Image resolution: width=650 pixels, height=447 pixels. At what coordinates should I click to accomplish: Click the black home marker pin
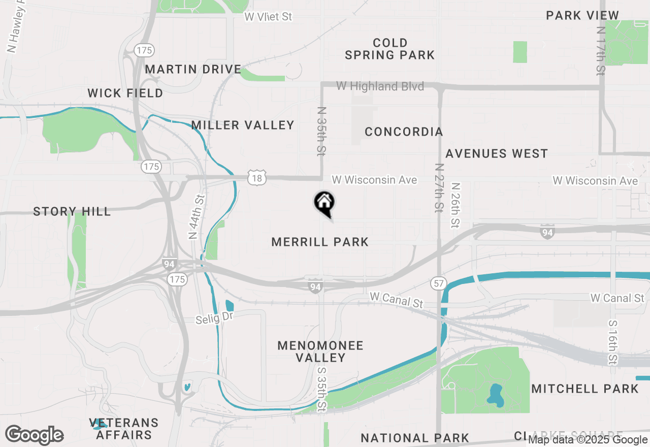point(324,203)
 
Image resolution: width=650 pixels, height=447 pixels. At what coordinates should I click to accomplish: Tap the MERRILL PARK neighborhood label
point(320,242)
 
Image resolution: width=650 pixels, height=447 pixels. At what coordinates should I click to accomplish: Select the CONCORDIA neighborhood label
point(404,132)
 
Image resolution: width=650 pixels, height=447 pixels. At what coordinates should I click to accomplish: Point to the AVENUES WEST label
point(497,153)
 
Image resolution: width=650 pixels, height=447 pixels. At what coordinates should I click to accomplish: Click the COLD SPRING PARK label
point(390,49)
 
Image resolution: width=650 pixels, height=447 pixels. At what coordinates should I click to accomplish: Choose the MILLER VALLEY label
point(243,125)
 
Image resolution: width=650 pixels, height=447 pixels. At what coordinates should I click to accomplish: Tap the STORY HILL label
point(72,211)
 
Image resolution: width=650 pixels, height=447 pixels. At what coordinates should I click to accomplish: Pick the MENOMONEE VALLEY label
point(320,352)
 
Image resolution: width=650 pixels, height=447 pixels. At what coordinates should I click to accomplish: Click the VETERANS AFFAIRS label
point(124,429)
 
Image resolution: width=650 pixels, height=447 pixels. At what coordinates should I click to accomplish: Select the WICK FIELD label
point(125,93)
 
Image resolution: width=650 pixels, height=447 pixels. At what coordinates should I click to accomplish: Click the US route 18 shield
point(257,178)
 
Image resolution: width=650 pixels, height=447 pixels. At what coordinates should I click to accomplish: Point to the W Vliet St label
point(268,17)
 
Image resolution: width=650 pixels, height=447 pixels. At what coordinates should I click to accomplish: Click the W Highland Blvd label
point(380,86)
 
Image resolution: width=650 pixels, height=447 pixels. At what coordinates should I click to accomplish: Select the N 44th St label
point(196,216)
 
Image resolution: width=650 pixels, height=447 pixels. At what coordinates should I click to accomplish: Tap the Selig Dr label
point(214,320)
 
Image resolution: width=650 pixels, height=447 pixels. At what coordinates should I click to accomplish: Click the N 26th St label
point(454,205)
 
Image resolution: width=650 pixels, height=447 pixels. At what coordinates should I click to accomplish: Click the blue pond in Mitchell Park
point(494,394)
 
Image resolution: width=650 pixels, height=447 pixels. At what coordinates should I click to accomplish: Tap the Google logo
point(35,435)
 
